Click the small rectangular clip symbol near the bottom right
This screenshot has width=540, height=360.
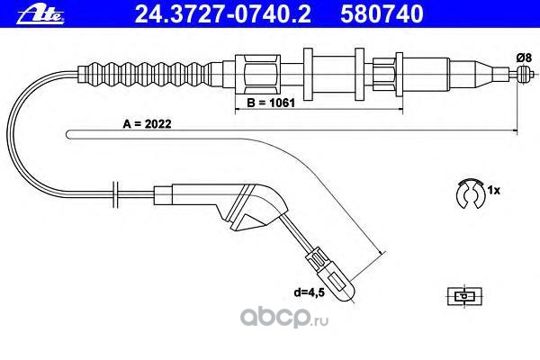coord(464,294)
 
